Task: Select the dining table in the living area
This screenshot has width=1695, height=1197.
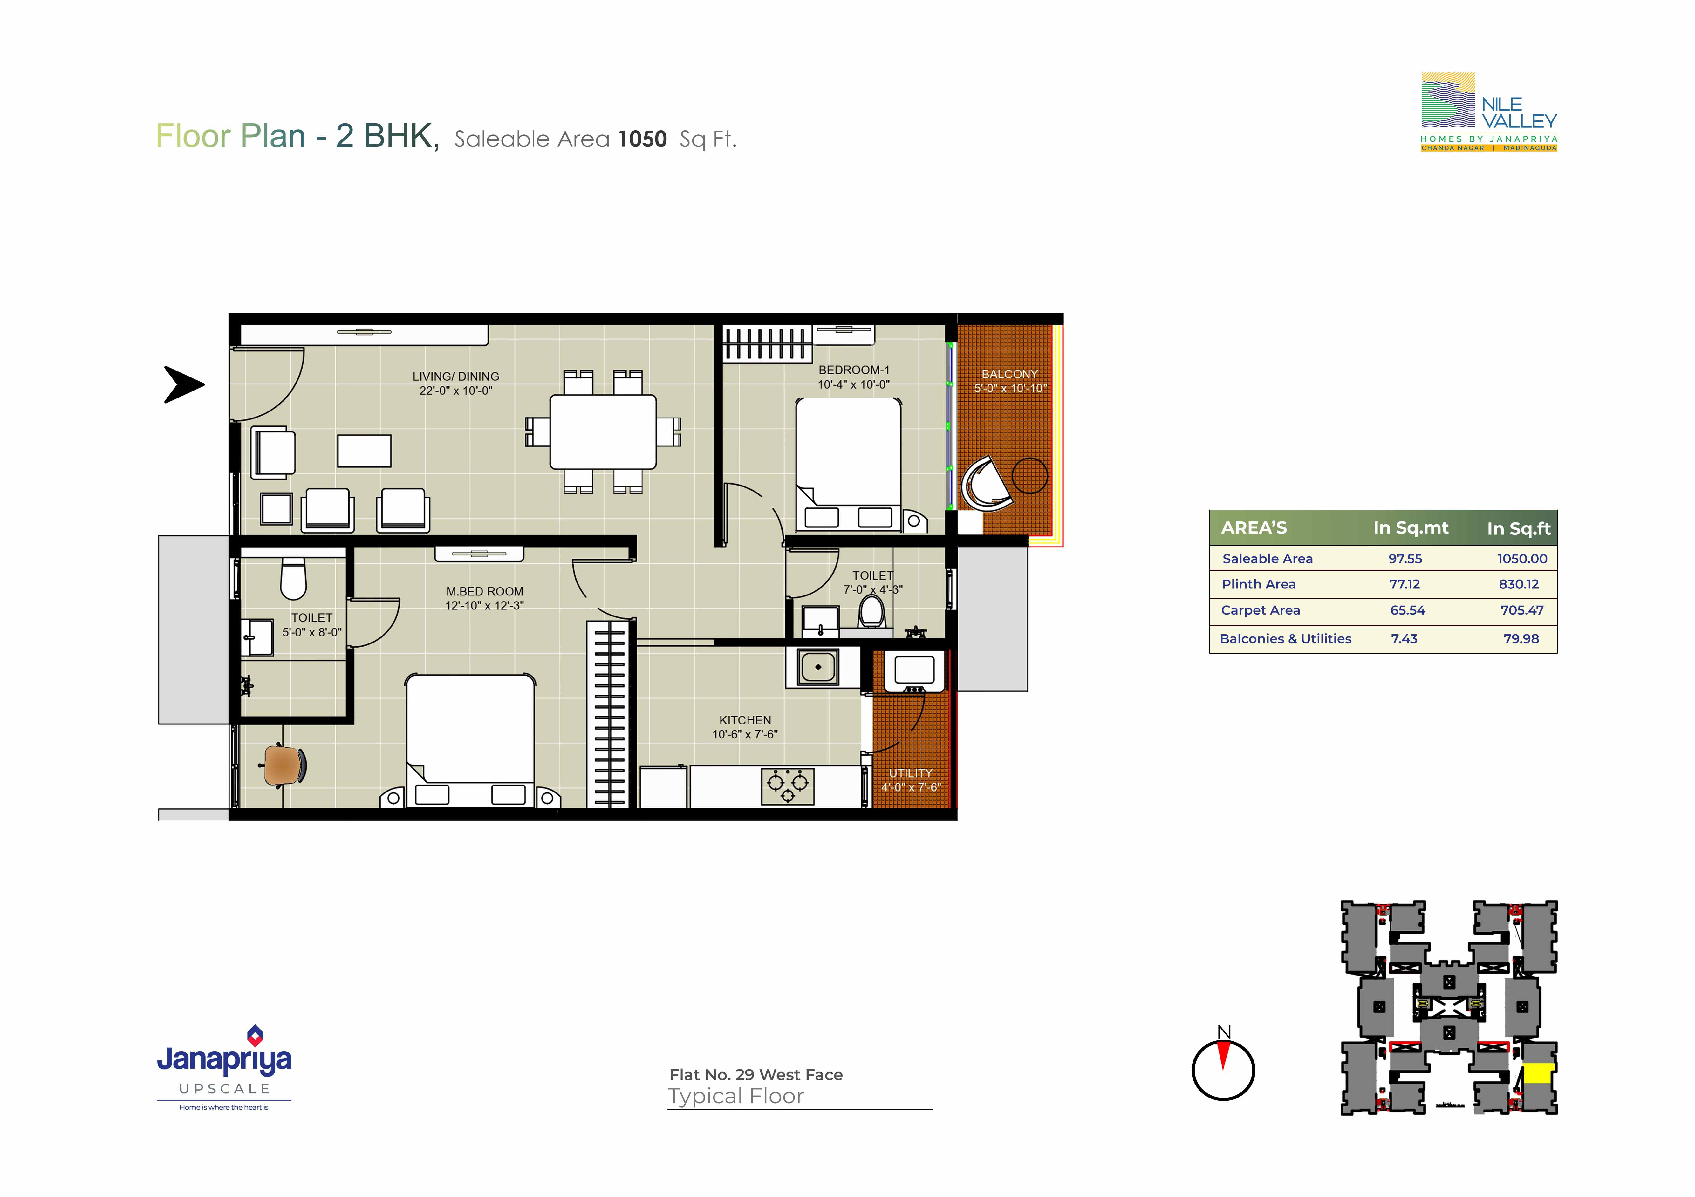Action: point(603,432)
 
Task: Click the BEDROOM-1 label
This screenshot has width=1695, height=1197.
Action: point(854,370)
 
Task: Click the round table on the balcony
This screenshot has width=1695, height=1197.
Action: point(1030,475)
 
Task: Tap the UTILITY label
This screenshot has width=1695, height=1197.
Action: point(910,773)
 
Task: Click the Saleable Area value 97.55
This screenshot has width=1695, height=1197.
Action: point(1405,559)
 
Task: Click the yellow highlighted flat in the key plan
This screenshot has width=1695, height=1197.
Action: point(1538,1073)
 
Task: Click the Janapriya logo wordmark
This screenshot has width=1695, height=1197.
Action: point(224,1060)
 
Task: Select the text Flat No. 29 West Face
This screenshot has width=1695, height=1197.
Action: point(756,1074)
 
